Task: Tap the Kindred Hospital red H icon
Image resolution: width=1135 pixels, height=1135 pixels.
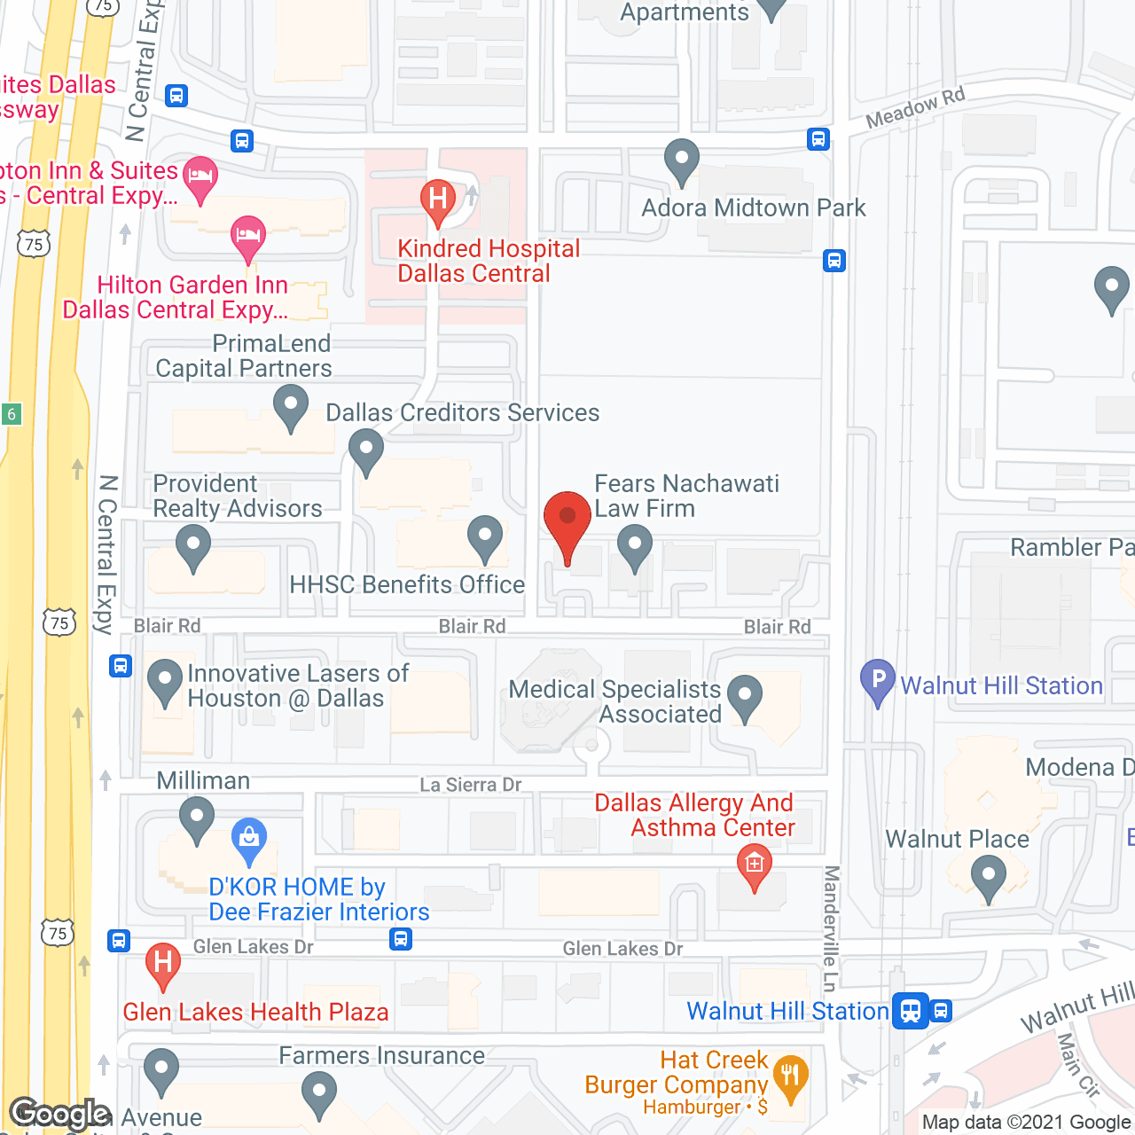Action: pos(437,197)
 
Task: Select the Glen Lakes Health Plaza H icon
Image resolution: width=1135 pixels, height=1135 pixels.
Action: pos(162,961)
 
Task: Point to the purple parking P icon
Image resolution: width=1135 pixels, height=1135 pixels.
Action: pos(878,681)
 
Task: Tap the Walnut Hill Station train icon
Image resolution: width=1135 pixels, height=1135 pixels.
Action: pos(911,1010)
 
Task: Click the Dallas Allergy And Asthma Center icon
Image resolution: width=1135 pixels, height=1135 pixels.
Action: pos(754,862)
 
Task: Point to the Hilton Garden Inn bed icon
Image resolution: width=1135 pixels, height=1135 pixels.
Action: pos(248,235)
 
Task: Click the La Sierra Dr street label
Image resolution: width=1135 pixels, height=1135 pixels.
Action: pos(470,785)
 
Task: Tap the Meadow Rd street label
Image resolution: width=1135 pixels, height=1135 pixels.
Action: pos(914,108)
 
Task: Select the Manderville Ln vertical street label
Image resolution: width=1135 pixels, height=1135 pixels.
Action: pos(831,928)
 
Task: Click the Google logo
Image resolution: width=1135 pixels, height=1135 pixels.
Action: pos(60,1114)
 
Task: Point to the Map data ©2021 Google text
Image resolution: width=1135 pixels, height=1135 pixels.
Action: pos(1026,1122)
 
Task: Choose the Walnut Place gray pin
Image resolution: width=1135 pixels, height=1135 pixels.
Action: pos(988,879)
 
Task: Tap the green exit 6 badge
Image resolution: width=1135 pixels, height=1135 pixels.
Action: pos(12,414)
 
